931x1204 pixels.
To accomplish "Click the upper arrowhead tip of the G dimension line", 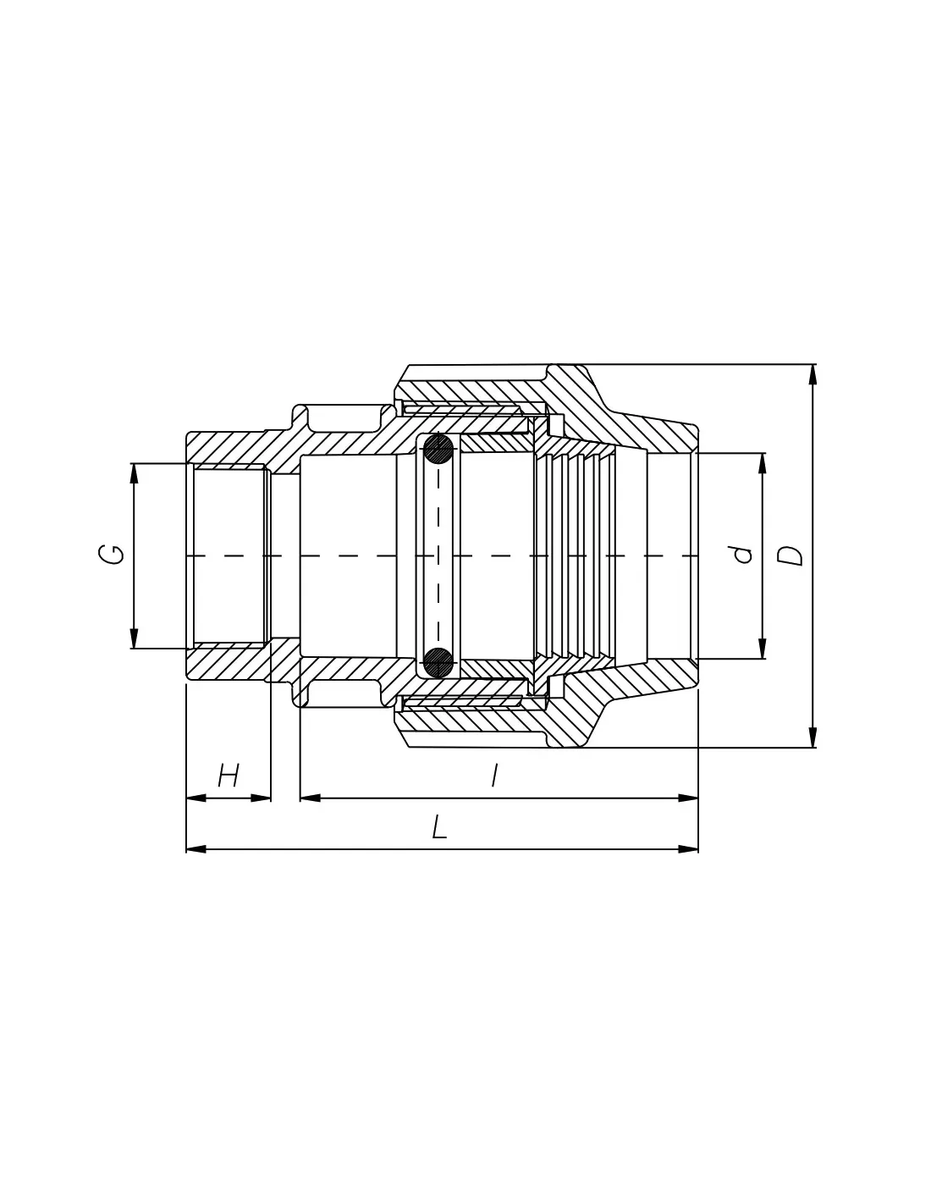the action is (x=134, y=463).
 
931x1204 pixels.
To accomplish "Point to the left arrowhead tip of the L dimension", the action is (x=186, y=849).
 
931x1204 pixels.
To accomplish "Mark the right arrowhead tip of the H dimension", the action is (x=270, y=798).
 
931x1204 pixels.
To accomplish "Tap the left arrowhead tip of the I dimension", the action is (x=300, y=798).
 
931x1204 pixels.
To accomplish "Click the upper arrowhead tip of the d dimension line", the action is (x=762, y=453).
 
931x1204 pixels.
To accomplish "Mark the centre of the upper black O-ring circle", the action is (x=438, y=449).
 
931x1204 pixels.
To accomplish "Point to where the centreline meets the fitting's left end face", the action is (x=186, y=555).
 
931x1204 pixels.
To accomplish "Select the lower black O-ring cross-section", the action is (x=438, y=661).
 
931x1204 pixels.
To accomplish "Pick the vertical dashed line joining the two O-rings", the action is (x=438, y=555).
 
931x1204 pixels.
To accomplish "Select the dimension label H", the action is (x=229, y=776).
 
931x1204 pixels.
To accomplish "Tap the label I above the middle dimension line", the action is (x=494, y=775).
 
